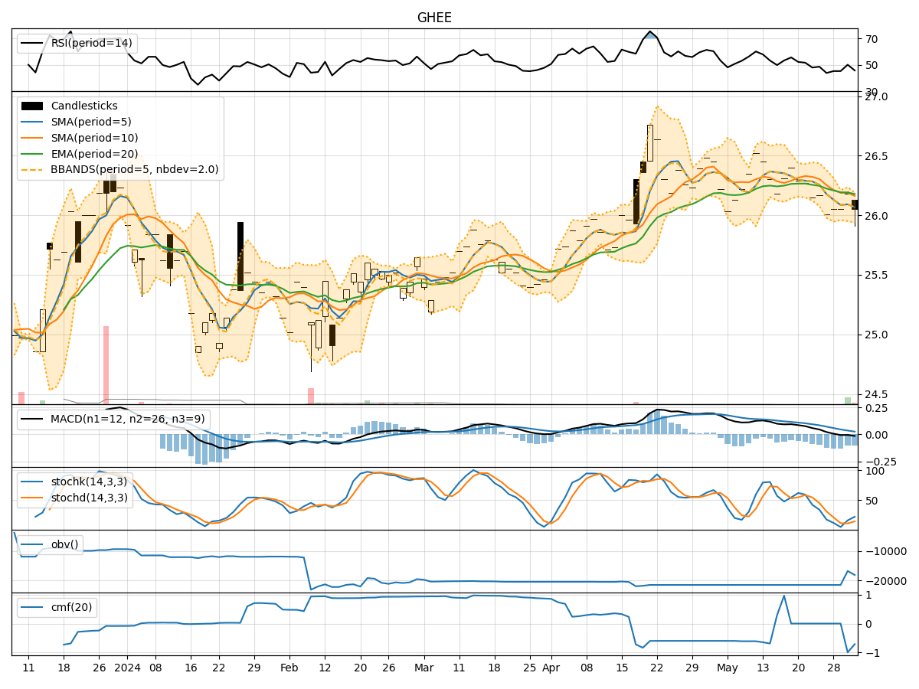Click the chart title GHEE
coord(434,18)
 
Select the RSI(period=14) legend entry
coord(91,43)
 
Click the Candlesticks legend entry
coord(84,106)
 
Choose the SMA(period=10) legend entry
coord(94,138)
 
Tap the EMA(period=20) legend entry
coord(94,154)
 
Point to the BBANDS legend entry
coord(134,169)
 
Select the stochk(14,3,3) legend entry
coord(89,482)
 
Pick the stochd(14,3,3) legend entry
coord(89,497)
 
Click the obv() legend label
coord(64,544)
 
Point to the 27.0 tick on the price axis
coord(876,96)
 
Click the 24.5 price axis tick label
coord(876,393)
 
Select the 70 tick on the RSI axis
coord(872,39)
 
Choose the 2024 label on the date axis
coord(126,668)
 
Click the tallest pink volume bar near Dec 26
coord(106,364)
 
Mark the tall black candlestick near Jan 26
coord(240,256)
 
